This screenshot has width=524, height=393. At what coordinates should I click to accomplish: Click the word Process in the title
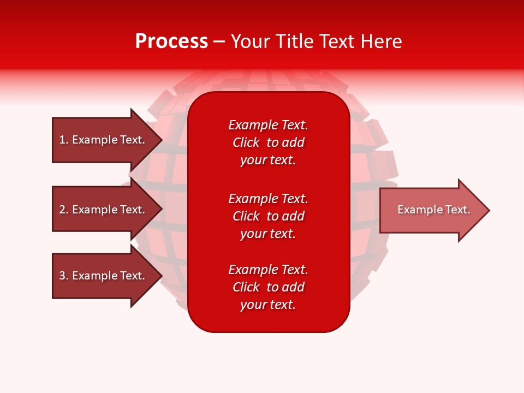(x=171, y=41)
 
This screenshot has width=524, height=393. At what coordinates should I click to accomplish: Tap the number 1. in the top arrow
(x=63, y=140)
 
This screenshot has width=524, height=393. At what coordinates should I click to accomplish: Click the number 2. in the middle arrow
(x=63, y=210)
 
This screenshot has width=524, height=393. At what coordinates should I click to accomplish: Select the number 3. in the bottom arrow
(x=63, y=276)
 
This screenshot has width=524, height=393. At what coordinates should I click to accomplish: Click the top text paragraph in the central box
(x=268, y=142)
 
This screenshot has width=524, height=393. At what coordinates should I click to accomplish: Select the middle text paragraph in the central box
(x=268, y=216)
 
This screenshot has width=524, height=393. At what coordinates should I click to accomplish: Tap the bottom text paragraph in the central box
(x=268, y=287)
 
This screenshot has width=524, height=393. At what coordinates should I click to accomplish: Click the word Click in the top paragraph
(x=246, y=142)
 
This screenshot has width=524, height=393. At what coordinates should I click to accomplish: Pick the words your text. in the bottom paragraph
(x=268, y=305)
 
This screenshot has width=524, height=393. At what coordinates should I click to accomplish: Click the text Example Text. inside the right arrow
(x=433, y=210)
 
